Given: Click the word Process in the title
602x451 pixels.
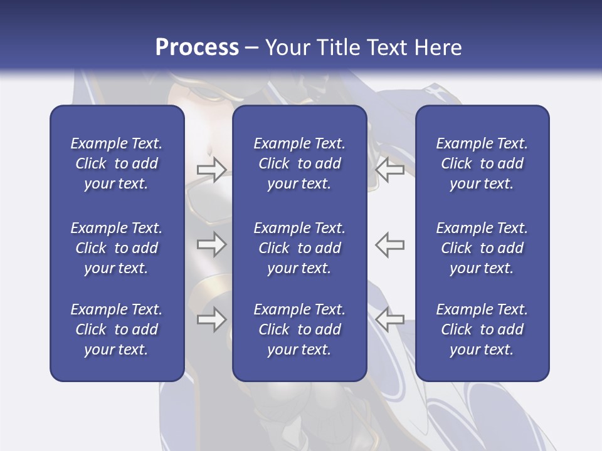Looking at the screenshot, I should point(197,48).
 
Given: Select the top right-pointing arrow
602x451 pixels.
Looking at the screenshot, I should point(211,169).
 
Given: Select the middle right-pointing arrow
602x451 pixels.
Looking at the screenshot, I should point(211,244).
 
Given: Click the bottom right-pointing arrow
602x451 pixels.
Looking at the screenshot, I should point(211,319).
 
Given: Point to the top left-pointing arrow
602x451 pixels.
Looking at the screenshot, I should point(389,169).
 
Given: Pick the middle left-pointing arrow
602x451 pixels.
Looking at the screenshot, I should point(389,244).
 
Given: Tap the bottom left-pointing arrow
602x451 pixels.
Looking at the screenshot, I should point(389,319).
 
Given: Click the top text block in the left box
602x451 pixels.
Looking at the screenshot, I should point(117,163).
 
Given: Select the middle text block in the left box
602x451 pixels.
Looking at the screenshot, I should point(117,248).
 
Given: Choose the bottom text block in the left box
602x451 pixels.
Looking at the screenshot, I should point(117,329).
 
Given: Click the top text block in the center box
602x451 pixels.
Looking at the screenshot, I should point(299,163).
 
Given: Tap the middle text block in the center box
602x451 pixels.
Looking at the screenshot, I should point(299,248).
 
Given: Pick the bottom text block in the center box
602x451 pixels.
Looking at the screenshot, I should point(299,329).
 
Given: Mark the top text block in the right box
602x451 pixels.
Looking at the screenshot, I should point(482,163).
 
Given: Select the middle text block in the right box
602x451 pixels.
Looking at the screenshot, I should point(482,248).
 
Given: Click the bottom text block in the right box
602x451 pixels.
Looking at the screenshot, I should point(482,329).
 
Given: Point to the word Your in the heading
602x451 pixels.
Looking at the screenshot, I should point(286,48).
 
